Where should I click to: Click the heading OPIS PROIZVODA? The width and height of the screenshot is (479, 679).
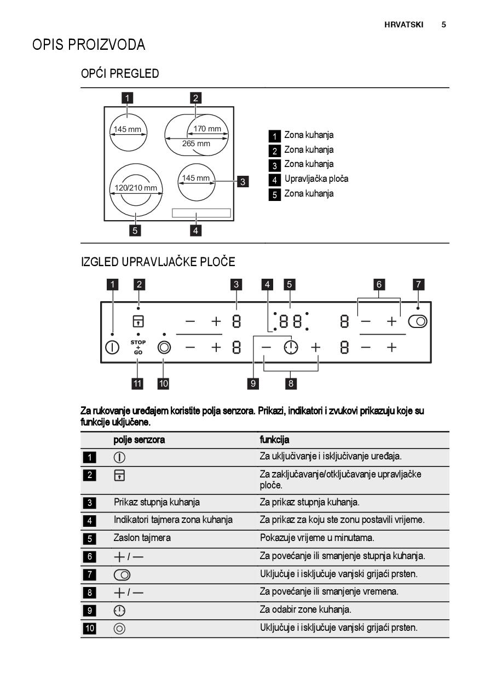tap(89, 45)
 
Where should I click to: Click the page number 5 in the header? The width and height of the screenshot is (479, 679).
tap(443, 25)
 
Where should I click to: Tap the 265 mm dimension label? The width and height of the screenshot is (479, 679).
tap(196, 143)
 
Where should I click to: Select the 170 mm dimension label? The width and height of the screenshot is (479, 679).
tap(207, 129)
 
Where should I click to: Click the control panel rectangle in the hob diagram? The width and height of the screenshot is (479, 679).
tap(201, 213)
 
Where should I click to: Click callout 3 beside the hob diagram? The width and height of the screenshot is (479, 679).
tap(243, 182)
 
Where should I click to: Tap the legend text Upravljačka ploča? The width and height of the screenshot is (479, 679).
tap(316, 179)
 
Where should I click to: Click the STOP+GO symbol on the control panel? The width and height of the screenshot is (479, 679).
tap(138, 347)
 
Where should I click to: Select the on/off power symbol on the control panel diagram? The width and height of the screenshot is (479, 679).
tap(112, 347)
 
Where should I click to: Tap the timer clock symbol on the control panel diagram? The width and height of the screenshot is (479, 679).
tap(291, 347)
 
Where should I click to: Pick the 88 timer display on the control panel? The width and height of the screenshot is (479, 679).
tap(291, 321)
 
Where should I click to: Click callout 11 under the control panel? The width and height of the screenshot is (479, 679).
tap(137, 383)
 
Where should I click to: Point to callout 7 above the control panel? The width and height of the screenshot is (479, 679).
tap(418, 284)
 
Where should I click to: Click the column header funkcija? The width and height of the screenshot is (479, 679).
tap(274, 440)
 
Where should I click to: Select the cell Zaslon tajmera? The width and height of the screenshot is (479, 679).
tap(142, 538)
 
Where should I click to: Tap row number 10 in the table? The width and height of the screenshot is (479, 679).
tap(89, 628)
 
